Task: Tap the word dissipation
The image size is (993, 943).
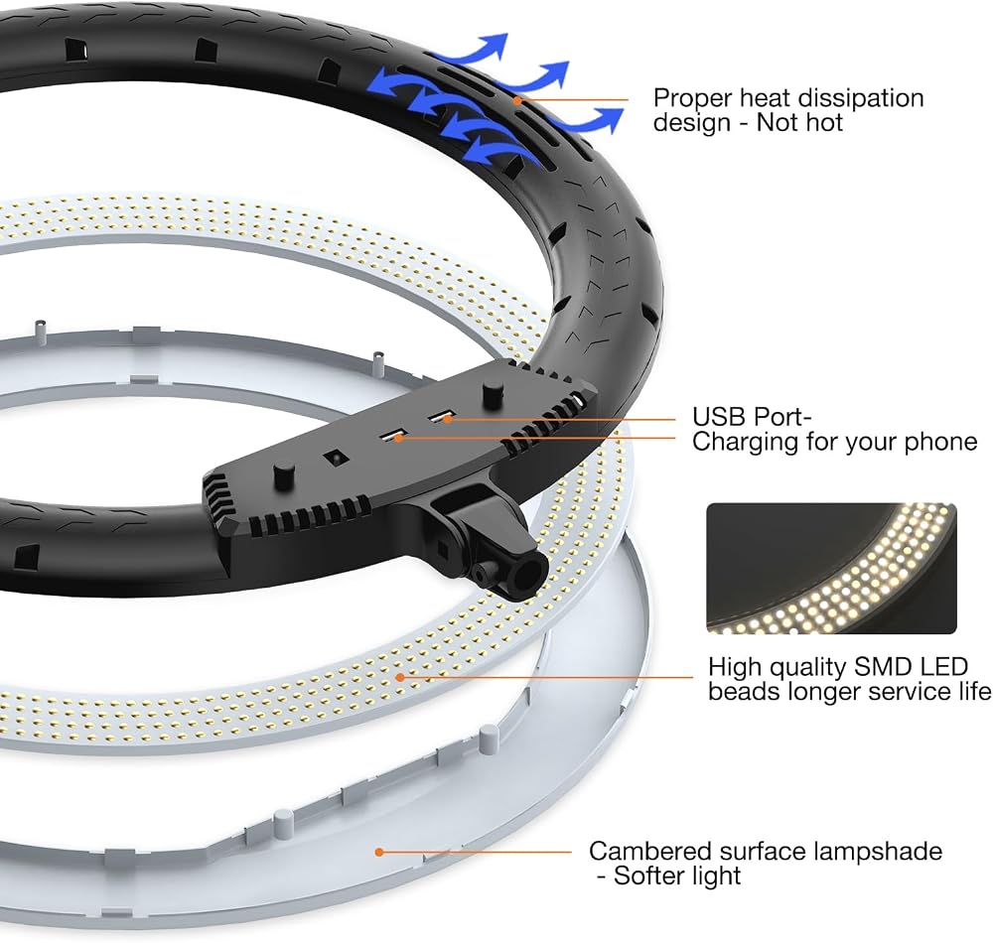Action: coord(861,98)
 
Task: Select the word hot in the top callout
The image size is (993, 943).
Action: coord(822,122)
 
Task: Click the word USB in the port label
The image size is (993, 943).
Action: coord(715,417)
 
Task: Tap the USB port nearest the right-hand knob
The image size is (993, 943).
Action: coord(442,417)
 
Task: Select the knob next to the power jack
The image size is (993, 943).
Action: coord(284,472)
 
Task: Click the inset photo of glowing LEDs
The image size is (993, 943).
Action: coord(831,569)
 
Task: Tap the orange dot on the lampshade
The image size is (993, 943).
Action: coord(378,852)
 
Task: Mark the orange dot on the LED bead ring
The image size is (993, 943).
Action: coord(400,677)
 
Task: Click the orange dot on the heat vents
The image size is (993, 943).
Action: coord(517,100)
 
